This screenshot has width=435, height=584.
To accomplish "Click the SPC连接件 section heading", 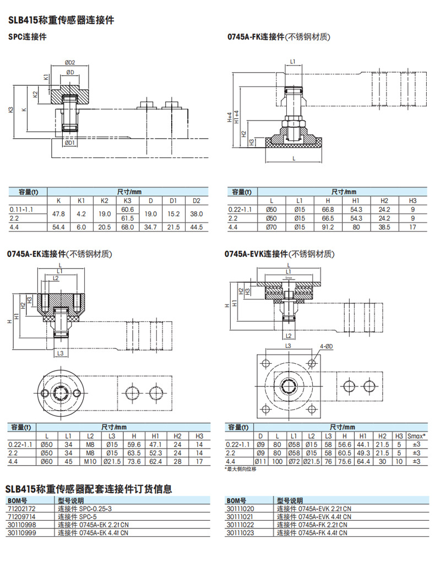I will point(27,37).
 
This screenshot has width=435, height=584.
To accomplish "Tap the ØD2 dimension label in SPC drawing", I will point(69,62).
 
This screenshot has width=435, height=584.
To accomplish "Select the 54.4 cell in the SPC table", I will point(58,227).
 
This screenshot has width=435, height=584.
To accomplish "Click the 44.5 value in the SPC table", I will point(197,227).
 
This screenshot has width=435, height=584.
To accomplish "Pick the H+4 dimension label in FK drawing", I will point(230,116).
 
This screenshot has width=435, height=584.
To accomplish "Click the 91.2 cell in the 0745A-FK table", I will point(328,227).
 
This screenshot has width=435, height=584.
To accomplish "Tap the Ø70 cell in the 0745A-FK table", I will point(270,227).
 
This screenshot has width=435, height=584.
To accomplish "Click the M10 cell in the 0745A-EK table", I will point(90,461).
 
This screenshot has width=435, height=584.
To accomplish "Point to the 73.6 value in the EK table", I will point(133,461).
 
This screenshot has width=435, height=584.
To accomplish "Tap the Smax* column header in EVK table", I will point(416,435).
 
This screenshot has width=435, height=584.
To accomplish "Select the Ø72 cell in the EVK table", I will point(295,461).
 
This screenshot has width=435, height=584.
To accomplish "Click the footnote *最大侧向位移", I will point(241,469).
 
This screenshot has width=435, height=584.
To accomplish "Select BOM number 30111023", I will point(241,533).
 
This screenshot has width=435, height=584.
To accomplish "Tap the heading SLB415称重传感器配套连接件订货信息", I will point(88,488).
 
